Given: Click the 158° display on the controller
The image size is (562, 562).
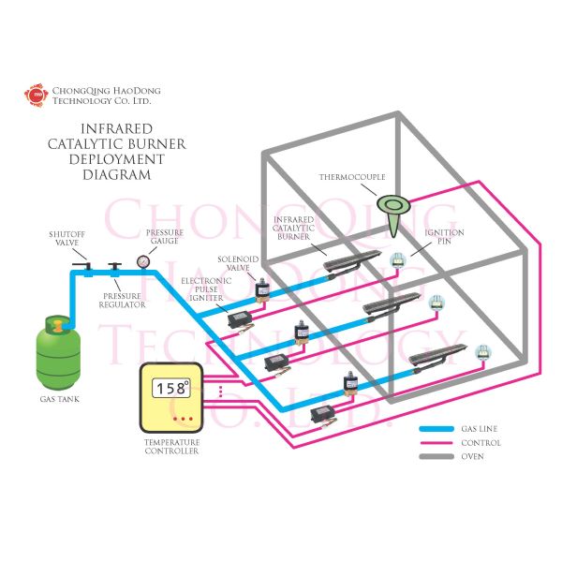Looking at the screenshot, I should [x=171, y=387].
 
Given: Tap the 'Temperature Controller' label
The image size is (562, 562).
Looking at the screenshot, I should [x=171, y=445].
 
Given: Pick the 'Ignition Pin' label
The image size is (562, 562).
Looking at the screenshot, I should [x=438, y=238].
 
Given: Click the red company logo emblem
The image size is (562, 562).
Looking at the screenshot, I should [x=37, y=95].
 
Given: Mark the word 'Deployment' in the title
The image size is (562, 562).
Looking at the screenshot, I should [x=117, y=159].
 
